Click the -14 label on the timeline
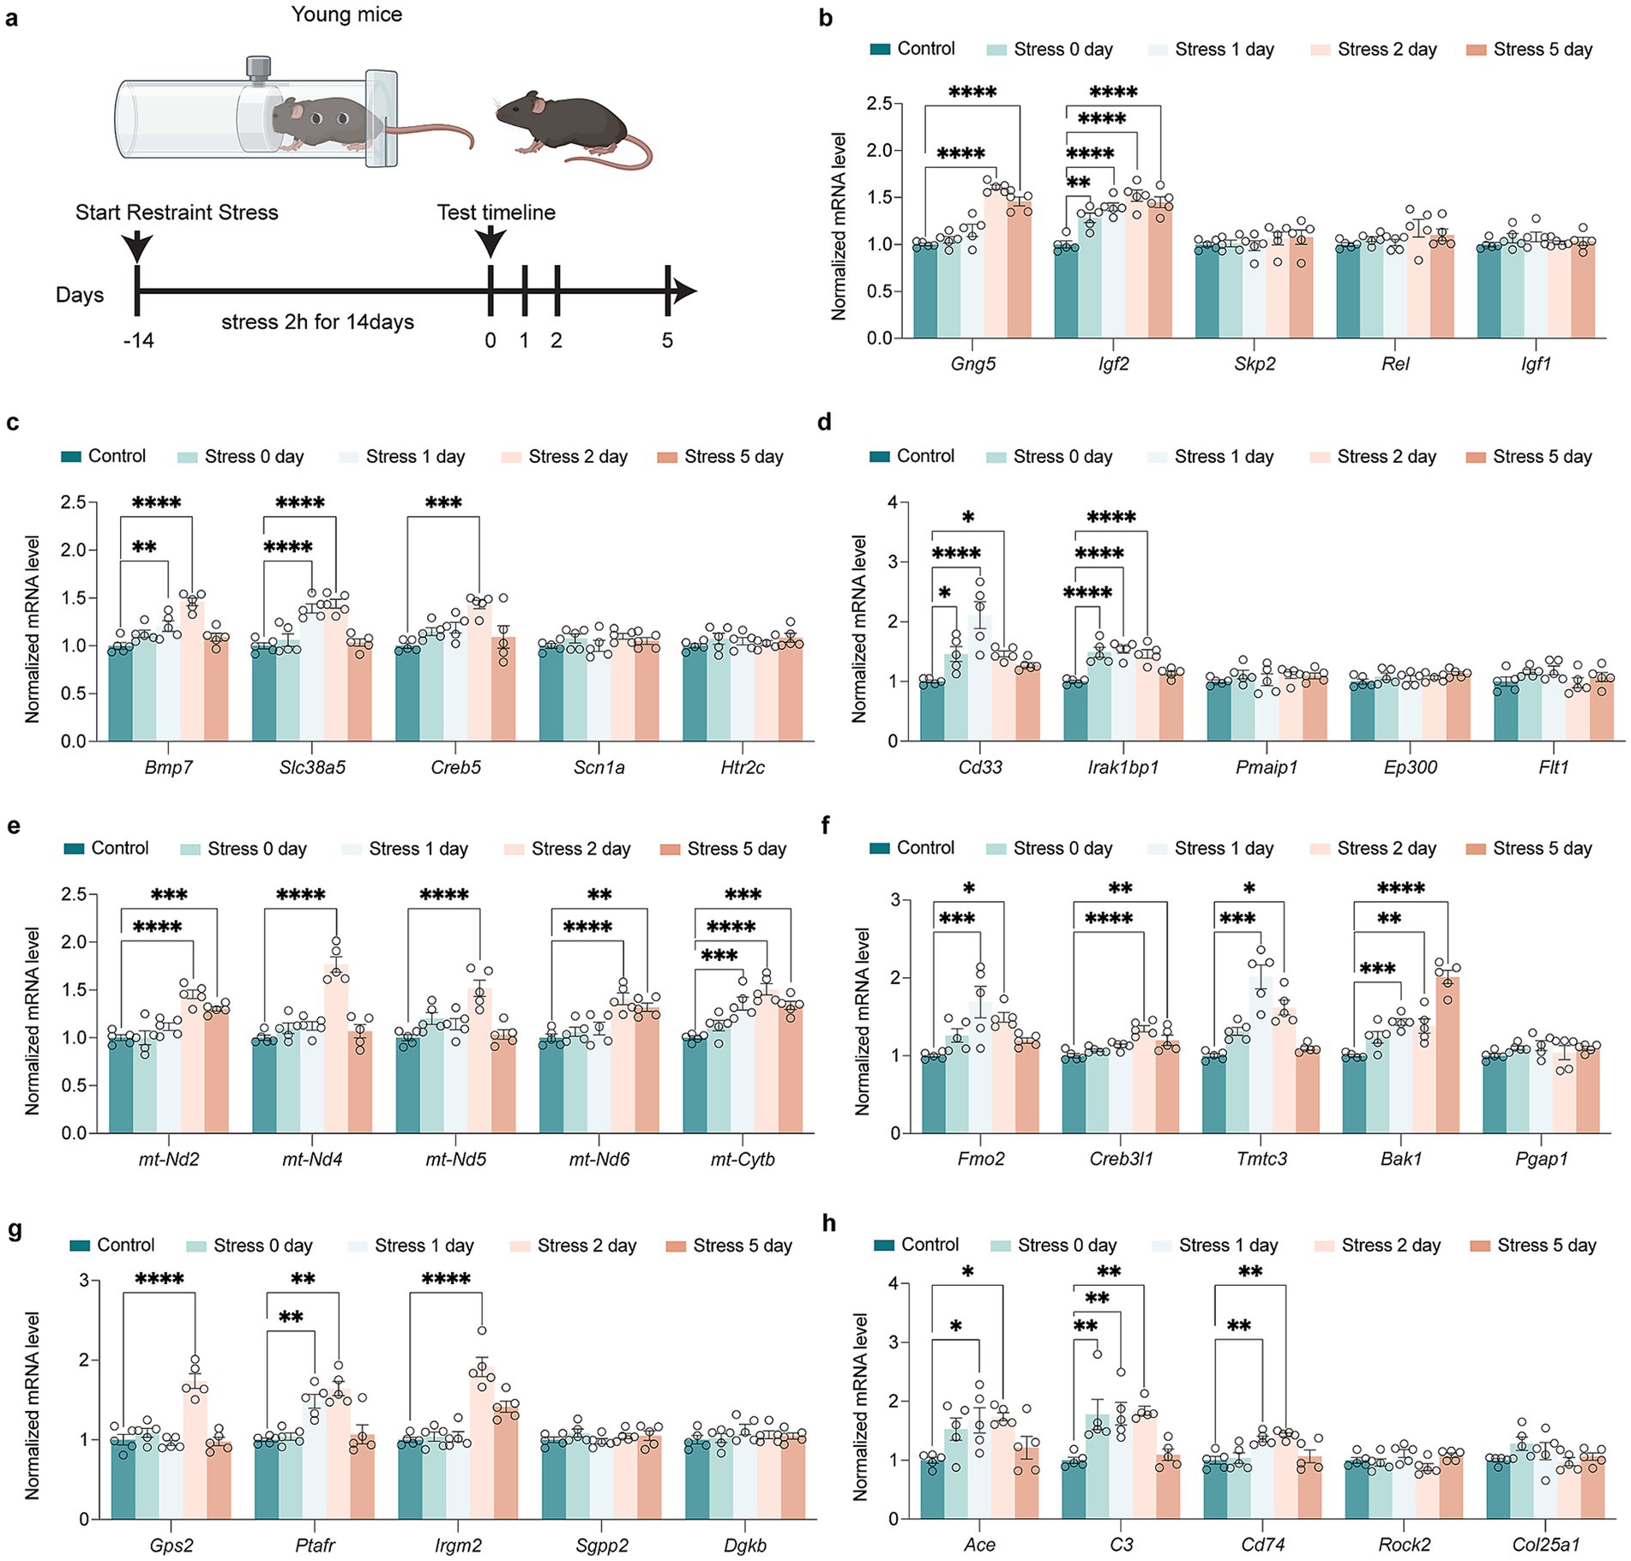click(x=138, y=341)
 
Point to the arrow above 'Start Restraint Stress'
click(x=137, y=246)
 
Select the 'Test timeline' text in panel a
click(x=496, y=213)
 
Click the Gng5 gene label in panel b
click(x=972, y=363)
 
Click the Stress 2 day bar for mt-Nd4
click(x=336, y=1050)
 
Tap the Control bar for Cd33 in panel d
click(x=931, y=711)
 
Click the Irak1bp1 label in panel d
click(x=1123, y=767)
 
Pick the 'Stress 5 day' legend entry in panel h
click(x=1533, y=1246)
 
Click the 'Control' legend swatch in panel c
click(x=70, y=457)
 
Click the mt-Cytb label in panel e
click(x=743, y=1160)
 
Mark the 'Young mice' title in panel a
click(x=346, y=15)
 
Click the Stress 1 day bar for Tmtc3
click(x=1261, y=1054)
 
